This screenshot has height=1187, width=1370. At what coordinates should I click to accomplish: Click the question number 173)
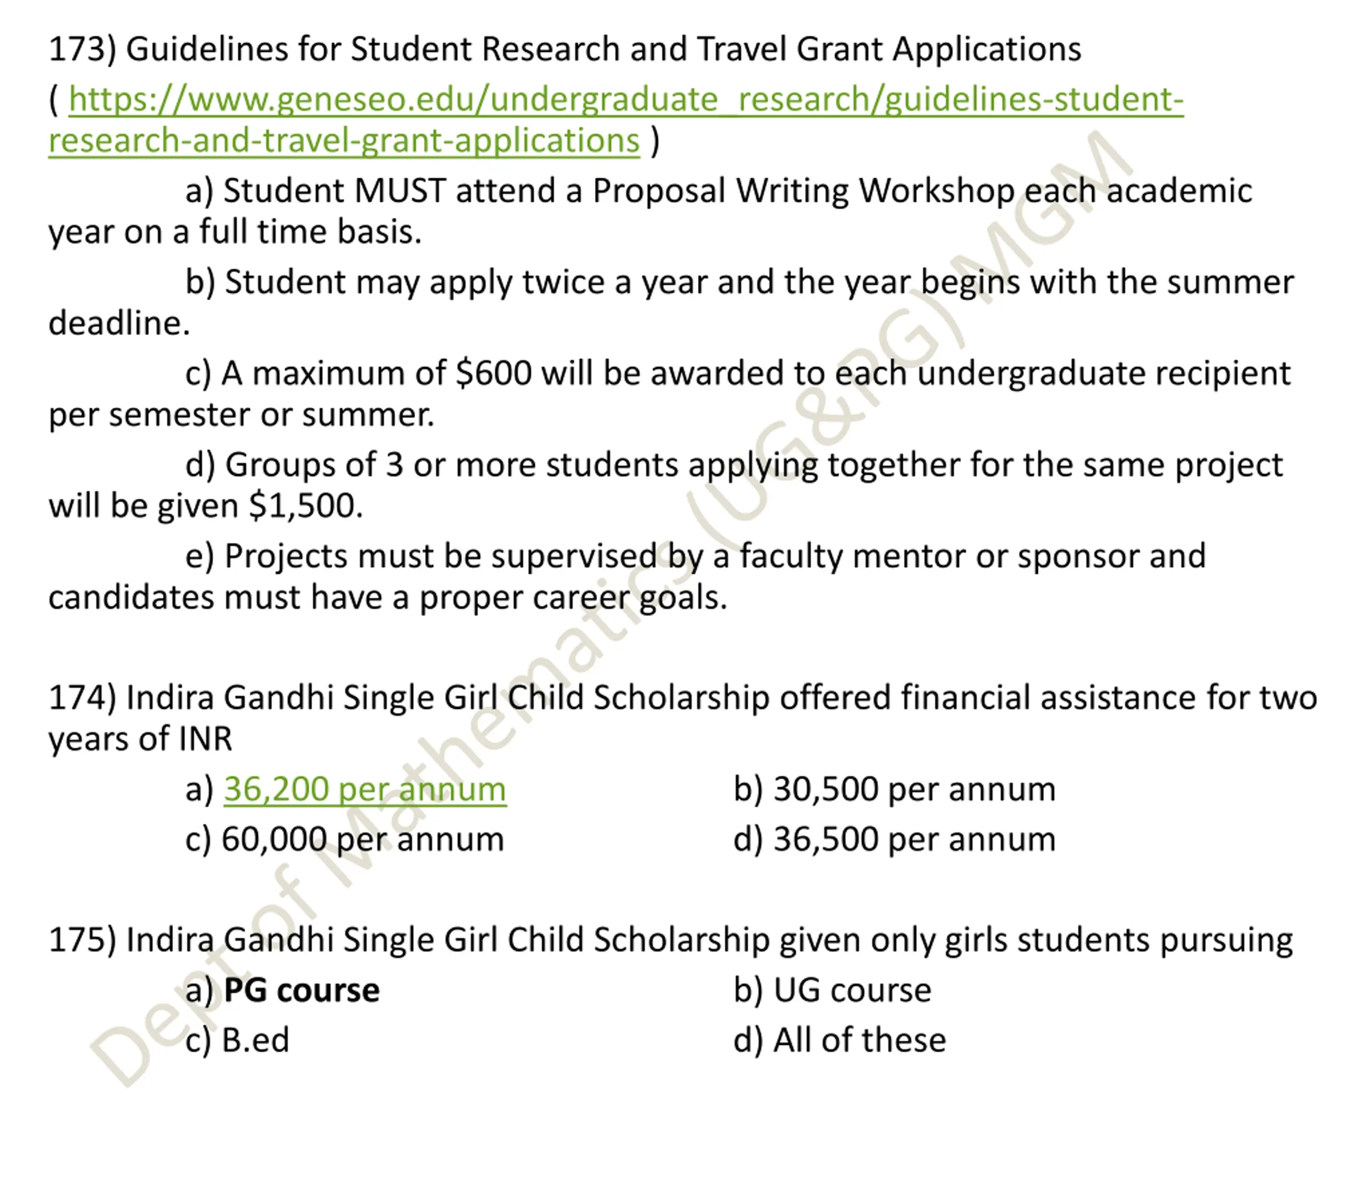pyautogui.click(x=82, y=50)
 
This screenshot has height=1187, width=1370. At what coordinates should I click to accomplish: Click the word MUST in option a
pyautogui.click(x=400, y=192)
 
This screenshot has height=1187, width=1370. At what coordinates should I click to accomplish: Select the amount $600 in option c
pyautogui.click(x=493, y=374)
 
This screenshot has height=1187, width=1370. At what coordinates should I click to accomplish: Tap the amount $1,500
pyautogui.click(x=306, y=507)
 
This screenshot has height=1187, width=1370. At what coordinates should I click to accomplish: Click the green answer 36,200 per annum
pyautogui.click(x=365, y=789)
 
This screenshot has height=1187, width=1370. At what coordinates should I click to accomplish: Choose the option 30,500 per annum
pyautogui.click(x=914, y=789)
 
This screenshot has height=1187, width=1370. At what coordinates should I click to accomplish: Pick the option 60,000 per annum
pyautogui.click(x=362, y=840)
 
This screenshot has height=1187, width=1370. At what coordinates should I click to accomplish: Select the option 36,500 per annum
pyautogui.click(x=914, y=840)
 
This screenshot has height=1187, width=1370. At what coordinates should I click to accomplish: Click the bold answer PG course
pyautogui.click(x=301, y=991)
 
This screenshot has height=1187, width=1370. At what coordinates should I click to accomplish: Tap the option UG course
pyautogui.click(x=852, y=991)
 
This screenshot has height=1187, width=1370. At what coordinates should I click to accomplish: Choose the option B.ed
pyautogui.click(x=255, y=1040)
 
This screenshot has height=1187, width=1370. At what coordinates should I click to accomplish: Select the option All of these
pyautogui.click(x=859, y=1040)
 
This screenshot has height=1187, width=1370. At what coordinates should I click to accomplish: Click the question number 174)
pyautogui.click(x=82, y=698)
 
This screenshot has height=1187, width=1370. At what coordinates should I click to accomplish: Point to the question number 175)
pyautogui.click(x=82, y=941)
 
